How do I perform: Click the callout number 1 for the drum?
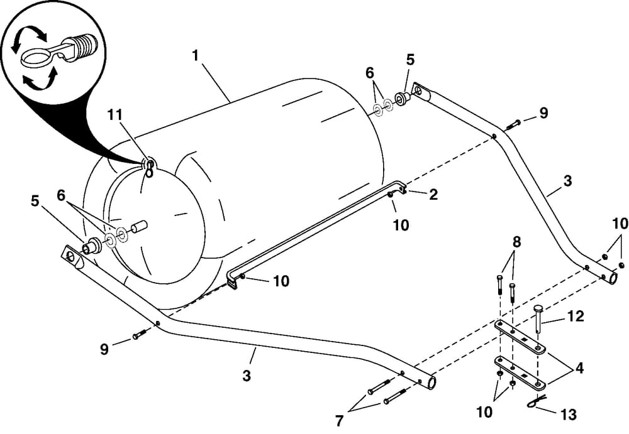pos(195,55)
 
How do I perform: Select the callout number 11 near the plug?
pos(116,114)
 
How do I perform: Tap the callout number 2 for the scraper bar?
pos(433,194)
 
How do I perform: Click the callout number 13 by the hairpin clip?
pos(569,415)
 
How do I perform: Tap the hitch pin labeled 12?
pos(538,318)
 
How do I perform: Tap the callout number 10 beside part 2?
pos(401,225)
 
